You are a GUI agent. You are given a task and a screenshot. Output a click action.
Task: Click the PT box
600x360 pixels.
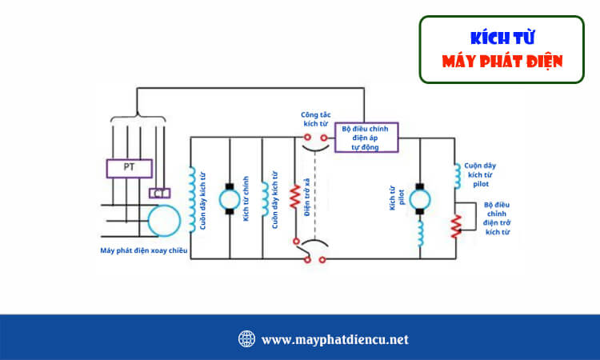pos(129,169)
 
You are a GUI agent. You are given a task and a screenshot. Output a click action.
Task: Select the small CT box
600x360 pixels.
pos(159,193)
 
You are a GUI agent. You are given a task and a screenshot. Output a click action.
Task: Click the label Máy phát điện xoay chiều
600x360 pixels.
pos(144,250)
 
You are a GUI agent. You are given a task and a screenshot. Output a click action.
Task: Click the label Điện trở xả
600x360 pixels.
pos(307,198)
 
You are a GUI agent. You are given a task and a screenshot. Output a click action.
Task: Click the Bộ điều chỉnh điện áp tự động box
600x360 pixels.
pos(370,138)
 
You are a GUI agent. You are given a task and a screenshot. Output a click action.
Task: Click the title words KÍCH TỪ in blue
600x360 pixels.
pos(502,38)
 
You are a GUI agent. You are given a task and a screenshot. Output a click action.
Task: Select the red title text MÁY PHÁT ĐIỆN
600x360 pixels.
pos(502,61)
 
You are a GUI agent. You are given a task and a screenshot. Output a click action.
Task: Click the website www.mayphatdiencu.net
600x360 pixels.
pos(334,339)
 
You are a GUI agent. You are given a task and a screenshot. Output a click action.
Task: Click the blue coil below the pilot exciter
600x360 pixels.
pos(421,233)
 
